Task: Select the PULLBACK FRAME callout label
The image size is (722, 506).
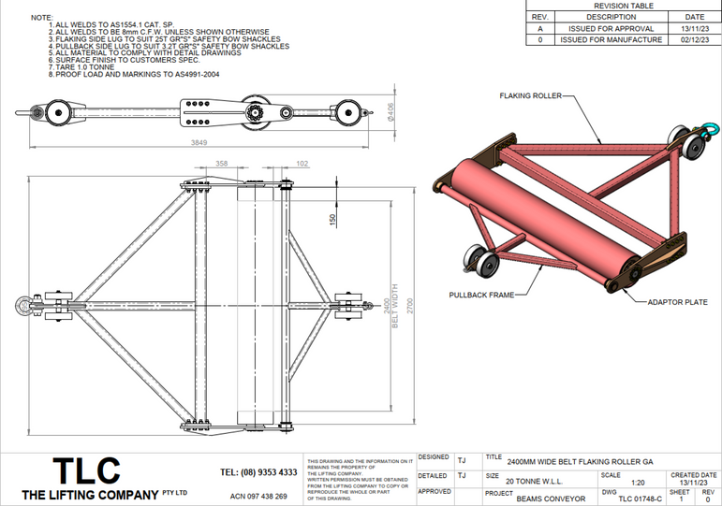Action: [480, 294]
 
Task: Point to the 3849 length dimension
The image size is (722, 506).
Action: [199, 141]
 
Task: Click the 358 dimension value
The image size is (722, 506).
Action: [222, 163]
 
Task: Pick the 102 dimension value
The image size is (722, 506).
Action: [301, 163]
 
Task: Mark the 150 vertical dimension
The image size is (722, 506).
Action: [332, 219]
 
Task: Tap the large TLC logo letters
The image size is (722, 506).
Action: [86, 470]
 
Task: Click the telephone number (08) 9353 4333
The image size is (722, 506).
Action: [258, 472]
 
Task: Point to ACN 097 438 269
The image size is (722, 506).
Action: [258, 496]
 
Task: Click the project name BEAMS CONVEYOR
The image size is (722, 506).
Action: [551, 499]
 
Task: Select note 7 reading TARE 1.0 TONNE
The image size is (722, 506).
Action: [81, 67]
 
